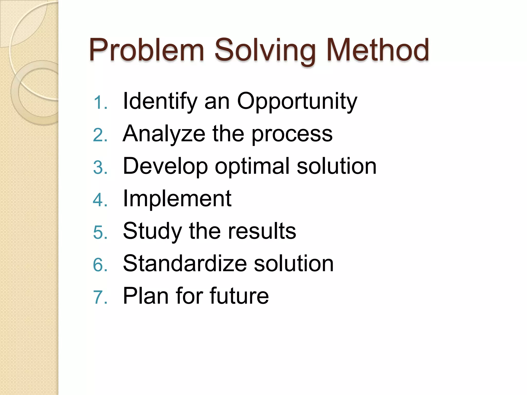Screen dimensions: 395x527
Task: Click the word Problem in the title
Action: pos(147,50)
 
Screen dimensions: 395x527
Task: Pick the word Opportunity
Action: pos(297,102)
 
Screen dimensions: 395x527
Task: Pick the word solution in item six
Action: pos(294,264)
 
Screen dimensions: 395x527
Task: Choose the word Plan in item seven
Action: pos(146,296)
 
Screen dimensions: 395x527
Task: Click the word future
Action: pos(239,296)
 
